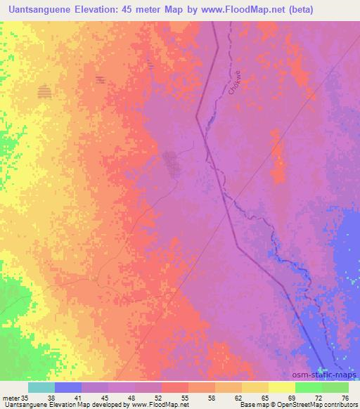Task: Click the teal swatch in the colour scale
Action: click(41, 387)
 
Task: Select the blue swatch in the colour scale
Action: click(68, 387)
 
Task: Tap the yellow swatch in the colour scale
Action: click(282, 387)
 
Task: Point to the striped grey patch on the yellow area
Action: click(45, 91)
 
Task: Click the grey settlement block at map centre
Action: click(171, 164)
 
